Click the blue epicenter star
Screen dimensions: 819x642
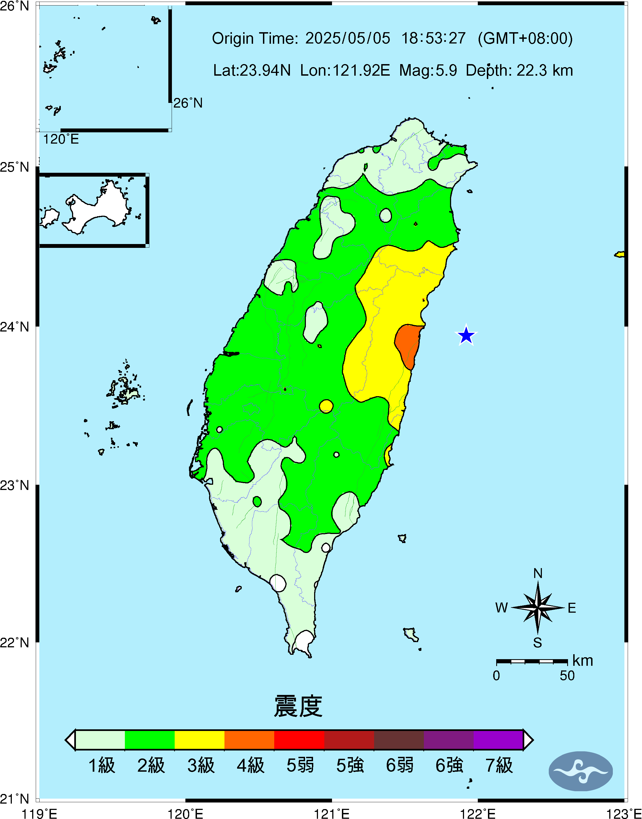click(x=466, y=335)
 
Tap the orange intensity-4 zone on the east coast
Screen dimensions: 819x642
click(x=408, y=344)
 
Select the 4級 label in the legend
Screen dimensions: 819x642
click(x=250, y=765)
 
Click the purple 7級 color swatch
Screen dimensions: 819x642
click(x=498, y=740)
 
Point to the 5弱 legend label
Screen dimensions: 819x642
click(x=300, y=765)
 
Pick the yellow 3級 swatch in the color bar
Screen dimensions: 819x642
click(x=200, y=740)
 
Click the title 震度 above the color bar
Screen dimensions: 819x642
click(x=298, y=706)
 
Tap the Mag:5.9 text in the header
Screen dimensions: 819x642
click(x=428, y=70)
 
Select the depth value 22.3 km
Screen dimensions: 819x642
click(x=545, y=70)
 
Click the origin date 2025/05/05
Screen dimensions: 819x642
click(x=348, y=38)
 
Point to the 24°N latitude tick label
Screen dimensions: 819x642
click(x=14, y=327)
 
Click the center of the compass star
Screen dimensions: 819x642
click(x=538, y=607)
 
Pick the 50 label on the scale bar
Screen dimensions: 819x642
click(x=567, y=675)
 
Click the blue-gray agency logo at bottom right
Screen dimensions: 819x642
click(x=581, y=771)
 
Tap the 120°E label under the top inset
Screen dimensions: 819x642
click(x=61, y=139)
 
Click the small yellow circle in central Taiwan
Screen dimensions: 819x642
click(x=326, y=406)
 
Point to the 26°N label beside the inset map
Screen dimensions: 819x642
click(x=188, y=103)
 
